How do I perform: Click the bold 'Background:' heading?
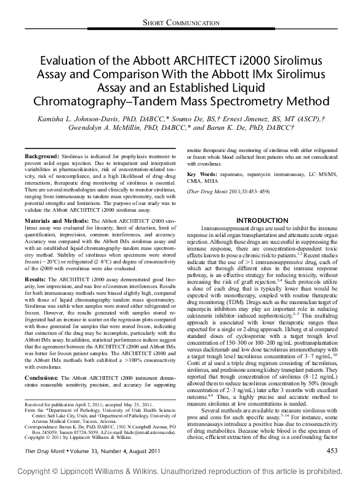tap(41, 158)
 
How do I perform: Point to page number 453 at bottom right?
tap(332, 451)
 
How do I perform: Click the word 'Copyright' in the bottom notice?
tap(36, 470)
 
